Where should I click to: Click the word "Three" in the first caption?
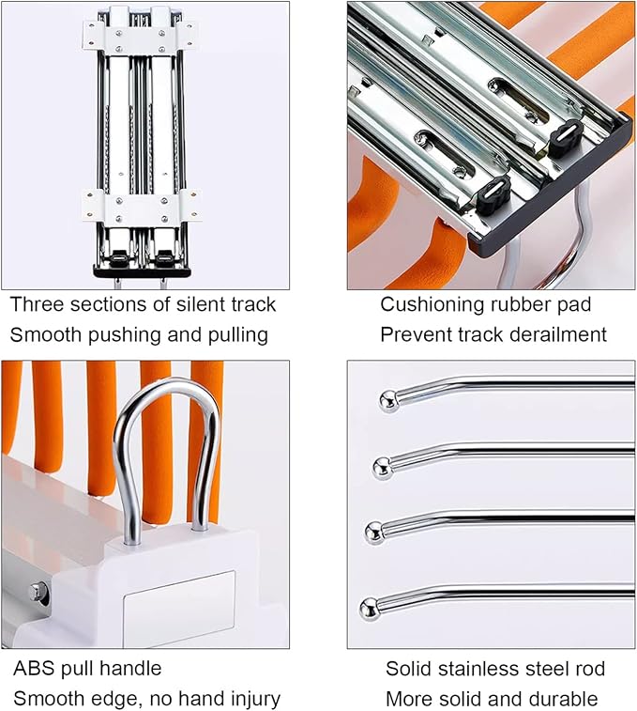(x=37, y=304)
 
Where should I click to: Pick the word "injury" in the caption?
(x=255, y=700)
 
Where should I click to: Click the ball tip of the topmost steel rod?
(x=389, y=401)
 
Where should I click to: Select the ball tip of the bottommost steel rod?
(x=370, y=609)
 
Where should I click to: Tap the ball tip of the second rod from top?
(x=383, y=469)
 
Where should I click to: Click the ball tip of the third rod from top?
(x=375, y=532)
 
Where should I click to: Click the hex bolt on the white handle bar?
(x=38, y=592)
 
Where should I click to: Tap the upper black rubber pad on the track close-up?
(x=566, y=138)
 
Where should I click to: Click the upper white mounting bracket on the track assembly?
(x=140, y=36)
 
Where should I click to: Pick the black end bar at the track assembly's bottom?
(x=143, y=270)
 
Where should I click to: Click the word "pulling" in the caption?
(x=238, y=336)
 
